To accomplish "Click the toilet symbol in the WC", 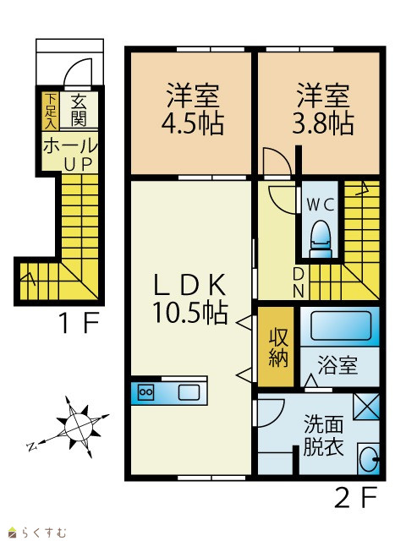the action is click(x=321, y=238).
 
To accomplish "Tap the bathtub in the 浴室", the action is click(x=341, y=325).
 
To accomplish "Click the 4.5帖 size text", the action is click(x=193, y=123).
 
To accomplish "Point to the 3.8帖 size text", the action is click(x=323, y=123).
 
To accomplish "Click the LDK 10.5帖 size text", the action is click(x=189, y=313).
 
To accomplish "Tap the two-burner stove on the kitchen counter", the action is click(x=145, y=392).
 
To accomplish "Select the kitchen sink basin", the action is click(x=189, y=392).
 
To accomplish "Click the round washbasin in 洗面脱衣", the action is click(x=369, y=459).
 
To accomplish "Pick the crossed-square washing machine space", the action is click(x=366, y=406).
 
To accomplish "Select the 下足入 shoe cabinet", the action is click(x=51, y=111).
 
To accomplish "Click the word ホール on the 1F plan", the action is click(x=70, y=146).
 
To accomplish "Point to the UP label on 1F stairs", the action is click(x=78, y=165).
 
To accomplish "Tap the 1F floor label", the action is click(x=80, y=322).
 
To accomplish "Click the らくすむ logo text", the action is click(x=42, y=533).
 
